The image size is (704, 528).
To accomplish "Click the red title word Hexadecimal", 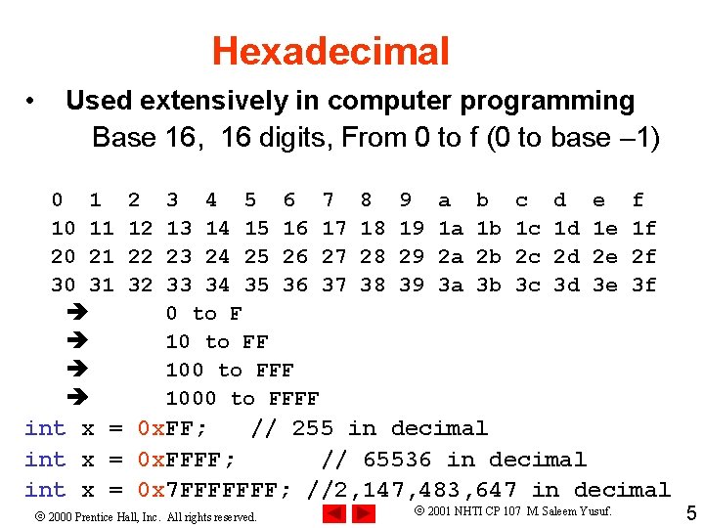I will pos(330,51).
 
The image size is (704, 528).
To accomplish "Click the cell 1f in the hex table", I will pos(643,229).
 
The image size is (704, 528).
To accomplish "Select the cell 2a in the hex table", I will pos(450,257).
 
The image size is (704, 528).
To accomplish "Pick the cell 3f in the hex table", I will pos(643,286).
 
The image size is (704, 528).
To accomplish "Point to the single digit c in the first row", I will pos(521,200).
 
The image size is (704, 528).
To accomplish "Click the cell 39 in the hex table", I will pos(411,286).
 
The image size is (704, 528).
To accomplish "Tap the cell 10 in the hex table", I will pos(63,229).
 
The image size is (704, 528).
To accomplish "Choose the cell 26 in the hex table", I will pos(294,257).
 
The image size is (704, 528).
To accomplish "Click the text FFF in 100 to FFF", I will pos(275,371).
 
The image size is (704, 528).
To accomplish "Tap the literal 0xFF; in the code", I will pos(171,428).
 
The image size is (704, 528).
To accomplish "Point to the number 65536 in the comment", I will pos(399,460).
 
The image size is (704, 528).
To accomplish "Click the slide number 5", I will pos(690,512).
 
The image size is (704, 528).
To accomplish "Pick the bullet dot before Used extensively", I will pos(33,102).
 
